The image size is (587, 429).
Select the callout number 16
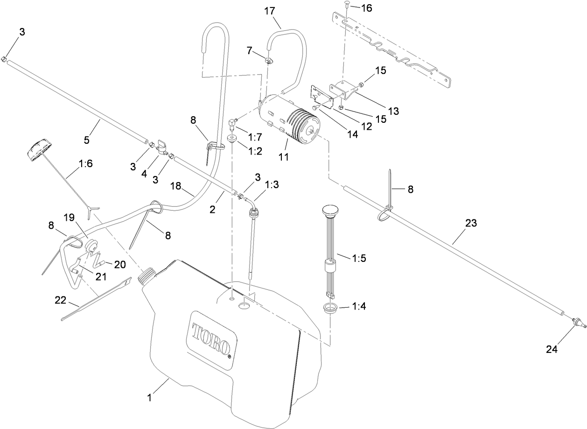tap(368, 8)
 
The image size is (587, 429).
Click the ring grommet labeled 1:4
tap(331, 308)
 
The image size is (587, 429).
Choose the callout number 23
tap(471, 223)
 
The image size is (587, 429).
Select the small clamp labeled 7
tap(270, 60)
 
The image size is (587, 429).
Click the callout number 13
tap(394, 111)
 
